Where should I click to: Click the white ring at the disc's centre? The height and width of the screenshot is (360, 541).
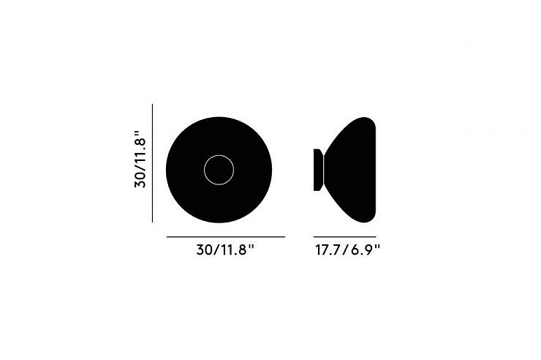(x=219, y=155)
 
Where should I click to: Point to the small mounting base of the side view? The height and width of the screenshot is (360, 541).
(x=318, y=170)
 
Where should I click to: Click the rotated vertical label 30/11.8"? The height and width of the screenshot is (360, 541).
(x=140, y=159)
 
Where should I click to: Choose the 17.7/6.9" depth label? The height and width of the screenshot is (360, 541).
(x=347, y=250)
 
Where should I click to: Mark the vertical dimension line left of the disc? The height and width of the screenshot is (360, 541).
(x=153, y=163)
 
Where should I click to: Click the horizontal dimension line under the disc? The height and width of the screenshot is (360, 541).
(x=226, y=237)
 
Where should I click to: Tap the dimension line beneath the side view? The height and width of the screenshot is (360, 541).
(x=344, y=237)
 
